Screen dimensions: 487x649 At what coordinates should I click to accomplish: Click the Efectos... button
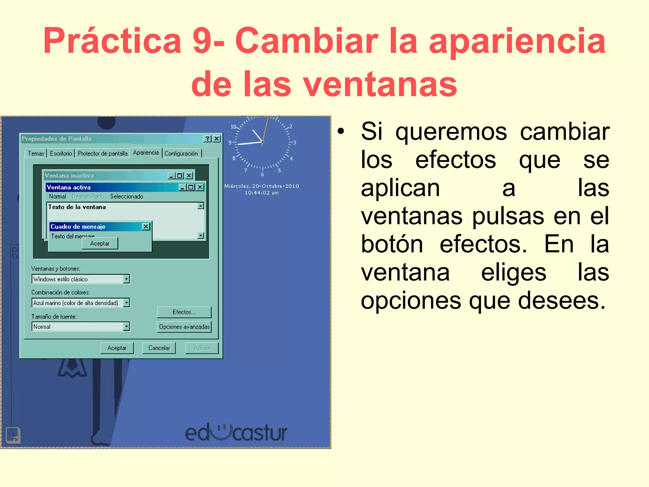click(184, 312)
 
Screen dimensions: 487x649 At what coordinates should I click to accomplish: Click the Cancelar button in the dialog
click(159, 348)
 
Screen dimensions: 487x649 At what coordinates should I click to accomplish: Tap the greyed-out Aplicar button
click(202, 348)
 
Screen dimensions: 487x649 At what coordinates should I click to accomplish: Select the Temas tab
click(36, 153)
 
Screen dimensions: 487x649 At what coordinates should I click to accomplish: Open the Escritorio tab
click(61, 153)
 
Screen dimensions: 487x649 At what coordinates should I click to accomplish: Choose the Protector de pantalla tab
click(102, 153)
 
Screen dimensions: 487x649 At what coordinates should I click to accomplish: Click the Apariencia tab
click(146, 153)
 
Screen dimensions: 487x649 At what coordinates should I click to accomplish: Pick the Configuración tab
click(181, 153)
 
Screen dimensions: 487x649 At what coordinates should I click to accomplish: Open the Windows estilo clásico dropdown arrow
click(126, 279)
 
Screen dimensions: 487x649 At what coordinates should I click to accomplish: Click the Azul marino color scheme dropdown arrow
click(126, 303)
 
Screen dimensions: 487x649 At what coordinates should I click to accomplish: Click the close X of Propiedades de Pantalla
click(217, 139)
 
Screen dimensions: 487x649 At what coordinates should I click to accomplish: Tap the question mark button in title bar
click(208, 139)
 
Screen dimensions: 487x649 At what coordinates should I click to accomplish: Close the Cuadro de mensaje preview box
click(146, 226)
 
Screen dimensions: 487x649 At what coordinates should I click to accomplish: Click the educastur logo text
click(236, 433)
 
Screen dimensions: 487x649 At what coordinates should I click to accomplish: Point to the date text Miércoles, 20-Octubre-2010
click(261, 186)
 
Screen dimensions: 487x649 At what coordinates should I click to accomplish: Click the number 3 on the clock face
click(294, 143)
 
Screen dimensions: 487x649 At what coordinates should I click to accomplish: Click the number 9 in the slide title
click(202, 41)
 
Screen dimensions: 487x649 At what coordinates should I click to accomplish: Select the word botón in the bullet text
click(392, 244)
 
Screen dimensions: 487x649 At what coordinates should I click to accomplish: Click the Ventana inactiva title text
click(69, 176)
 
